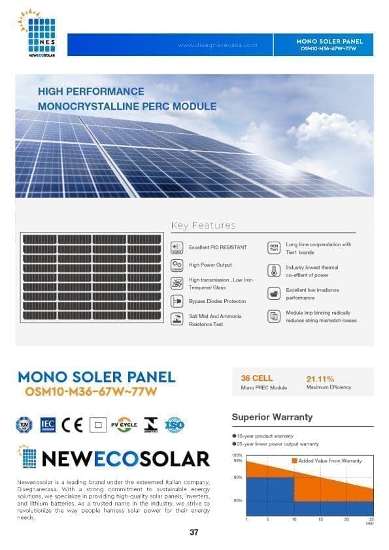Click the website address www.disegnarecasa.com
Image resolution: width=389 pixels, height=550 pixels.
click(x=217, y=45)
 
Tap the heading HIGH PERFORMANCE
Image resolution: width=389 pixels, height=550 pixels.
click(x=91, y=91)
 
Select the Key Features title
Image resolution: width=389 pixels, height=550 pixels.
click(x=203, y=225)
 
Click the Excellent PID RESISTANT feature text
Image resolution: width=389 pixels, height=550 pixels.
click(x=218, y=248)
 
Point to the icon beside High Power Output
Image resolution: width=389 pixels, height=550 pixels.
click(x=176, y=265)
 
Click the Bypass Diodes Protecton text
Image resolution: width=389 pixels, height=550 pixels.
click(x=217, y=301)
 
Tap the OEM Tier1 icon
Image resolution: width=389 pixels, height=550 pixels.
click(x=274, y=248)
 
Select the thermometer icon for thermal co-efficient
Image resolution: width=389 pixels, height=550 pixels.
click(x=274, y=270)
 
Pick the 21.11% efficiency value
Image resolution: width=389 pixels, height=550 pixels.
click(x=320, y=379)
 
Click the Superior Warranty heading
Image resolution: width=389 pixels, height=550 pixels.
click(x=272, y=417)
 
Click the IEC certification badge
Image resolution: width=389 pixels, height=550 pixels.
click(x=48, y=425)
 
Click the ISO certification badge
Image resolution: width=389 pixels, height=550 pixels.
click(x=175, y=425)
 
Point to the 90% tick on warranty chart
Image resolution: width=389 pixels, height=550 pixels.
click(x=238, y=477)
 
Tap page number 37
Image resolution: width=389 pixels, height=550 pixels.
click(x=194, y=532)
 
